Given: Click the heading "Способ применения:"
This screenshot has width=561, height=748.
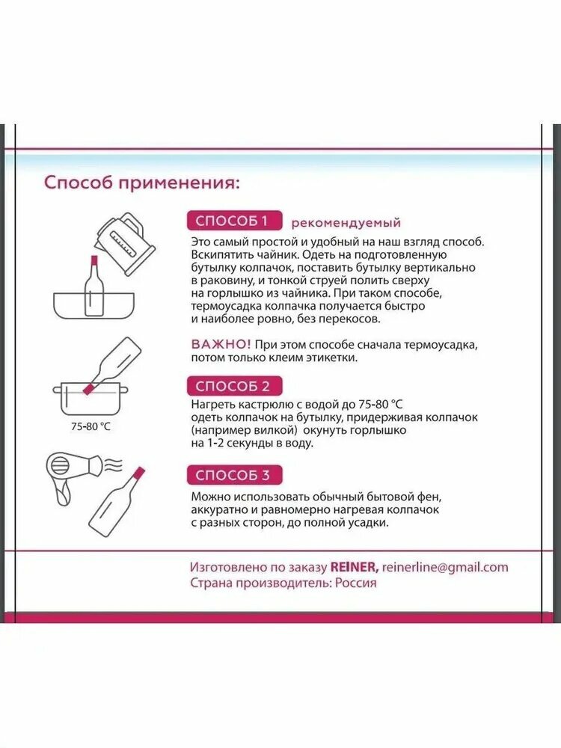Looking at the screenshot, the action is pyautogui.click(x=141, y=183).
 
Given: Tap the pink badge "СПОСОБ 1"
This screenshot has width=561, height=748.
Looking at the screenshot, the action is pyautogui.click(x=235, y=221).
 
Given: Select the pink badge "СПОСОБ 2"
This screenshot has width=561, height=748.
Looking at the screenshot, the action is pyautogui.click(x=235, y=386).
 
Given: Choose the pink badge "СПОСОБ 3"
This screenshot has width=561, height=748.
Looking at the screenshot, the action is pyautogui.click(x=235, y=475).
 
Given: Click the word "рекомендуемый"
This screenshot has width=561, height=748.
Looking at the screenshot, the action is pyautogui.click(x=346, y=223).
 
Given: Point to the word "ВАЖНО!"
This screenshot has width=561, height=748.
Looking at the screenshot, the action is pyautogui.click(x=221, y=344).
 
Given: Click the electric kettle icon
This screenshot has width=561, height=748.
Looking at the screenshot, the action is pyautogui.click(x=124, y=242).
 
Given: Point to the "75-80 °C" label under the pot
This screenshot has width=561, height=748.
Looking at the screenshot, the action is pyautogui.click(x=91, y=426).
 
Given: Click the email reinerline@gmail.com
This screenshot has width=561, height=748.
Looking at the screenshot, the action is pyautogui.click(x=445, y=567).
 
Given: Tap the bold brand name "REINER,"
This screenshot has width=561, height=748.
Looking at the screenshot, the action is pyautogui.click(x=355, y=567).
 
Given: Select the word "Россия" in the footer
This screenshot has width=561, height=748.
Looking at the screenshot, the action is pyautogui.click(x=355, y=583).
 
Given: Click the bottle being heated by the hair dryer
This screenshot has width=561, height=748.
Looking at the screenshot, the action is pyautogui.click(x=116, y=502).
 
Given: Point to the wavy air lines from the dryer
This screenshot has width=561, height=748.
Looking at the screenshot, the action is pyautogui.click(x=114, y=465).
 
